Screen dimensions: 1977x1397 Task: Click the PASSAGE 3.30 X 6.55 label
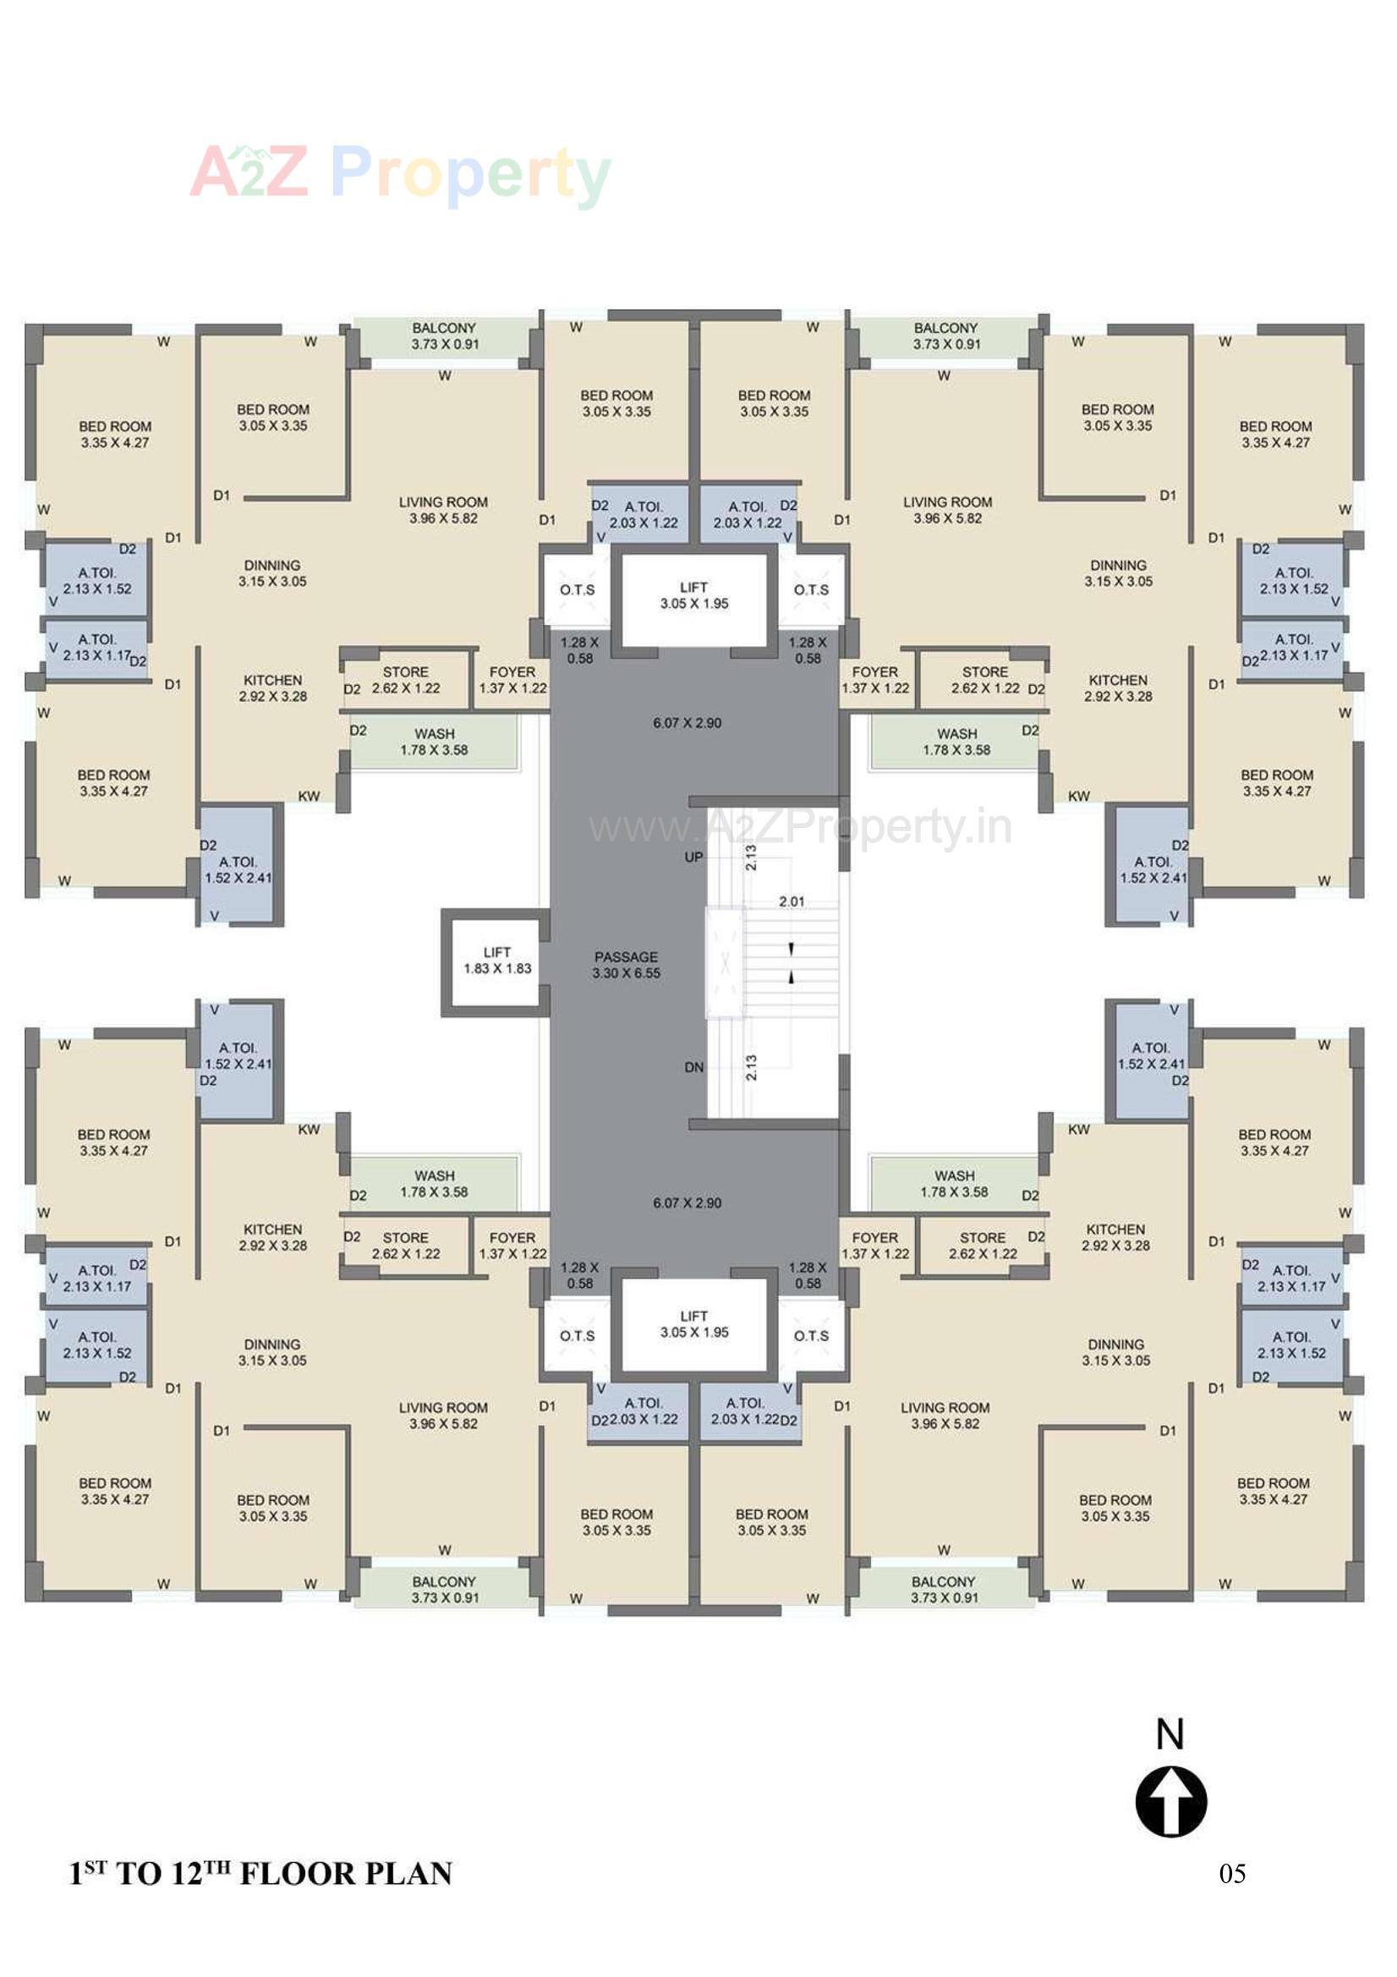(626, 964)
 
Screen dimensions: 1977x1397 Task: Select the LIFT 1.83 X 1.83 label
(497, 960)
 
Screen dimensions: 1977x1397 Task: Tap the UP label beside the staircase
(693, 857)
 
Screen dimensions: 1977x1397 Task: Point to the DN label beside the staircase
(693, 1067)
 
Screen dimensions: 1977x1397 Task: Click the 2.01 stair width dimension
(792, 901)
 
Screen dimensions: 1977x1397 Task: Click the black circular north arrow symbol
(1170, 1802)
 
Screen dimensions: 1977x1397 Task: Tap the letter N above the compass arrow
(1170, 1735)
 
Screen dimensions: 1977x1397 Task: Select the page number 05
(1231, 1874)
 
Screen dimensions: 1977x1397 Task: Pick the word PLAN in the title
(408, 1875)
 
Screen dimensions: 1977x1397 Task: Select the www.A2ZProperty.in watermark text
(800, 828)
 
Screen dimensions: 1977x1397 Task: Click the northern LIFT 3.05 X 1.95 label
(693, 595)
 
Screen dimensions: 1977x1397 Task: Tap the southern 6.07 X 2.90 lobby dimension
(687, 1203)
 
